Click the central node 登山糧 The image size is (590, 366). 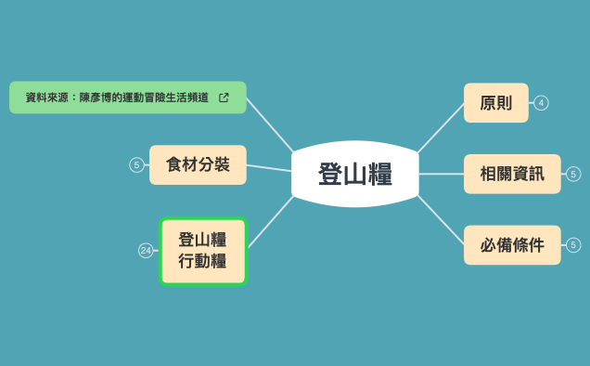click(x=354, y=174)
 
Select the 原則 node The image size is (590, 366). click(x=495, y=103)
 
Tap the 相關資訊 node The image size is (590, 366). click(x=512, y=174)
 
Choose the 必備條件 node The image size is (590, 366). click(x=512, y=245)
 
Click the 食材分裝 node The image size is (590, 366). click(x=198, y=165)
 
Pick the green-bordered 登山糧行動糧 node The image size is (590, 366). click(x=202, y=251)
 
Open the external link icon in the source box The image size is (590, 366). click(x=224, y=97)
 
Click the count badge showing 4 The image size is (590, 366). click(x=542, y=103)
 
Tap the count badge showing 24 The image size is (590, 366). click(x=146, y=251)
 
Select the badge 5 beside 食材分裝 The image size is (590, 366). click(x=136, y=165)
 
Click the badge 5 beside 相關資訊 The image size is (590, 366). click(x=573, y=174)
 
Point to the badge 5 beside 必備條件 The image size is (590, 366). click(x=573, y=245)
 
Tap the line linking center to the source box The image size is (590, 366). click(x=270, y=124)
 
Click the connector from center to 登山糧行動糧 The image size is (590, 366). click(x=270, y=221)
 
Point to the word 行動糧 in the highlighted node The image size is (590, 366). click(x=202, y=261)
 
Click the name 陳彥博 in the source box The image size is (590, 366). click(x=95, y=97)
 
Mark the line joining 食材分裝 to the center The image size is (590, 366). click(x=269, y=168)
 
